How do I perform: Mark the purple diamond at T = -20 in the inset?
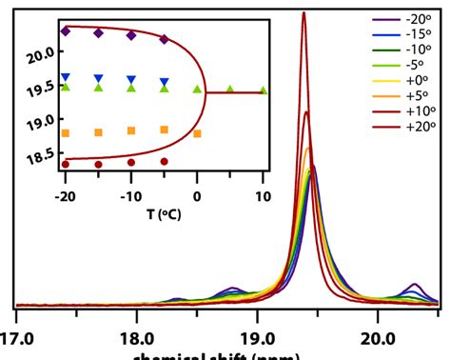point(66,31)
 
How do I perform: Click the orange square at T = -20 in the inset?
point(66,132)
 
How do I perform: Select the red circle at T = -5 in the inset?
point(165,162)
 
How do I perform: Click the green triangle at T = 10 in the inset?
point(263,91)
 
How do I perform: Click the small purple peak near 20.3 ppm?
point(415,285)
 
